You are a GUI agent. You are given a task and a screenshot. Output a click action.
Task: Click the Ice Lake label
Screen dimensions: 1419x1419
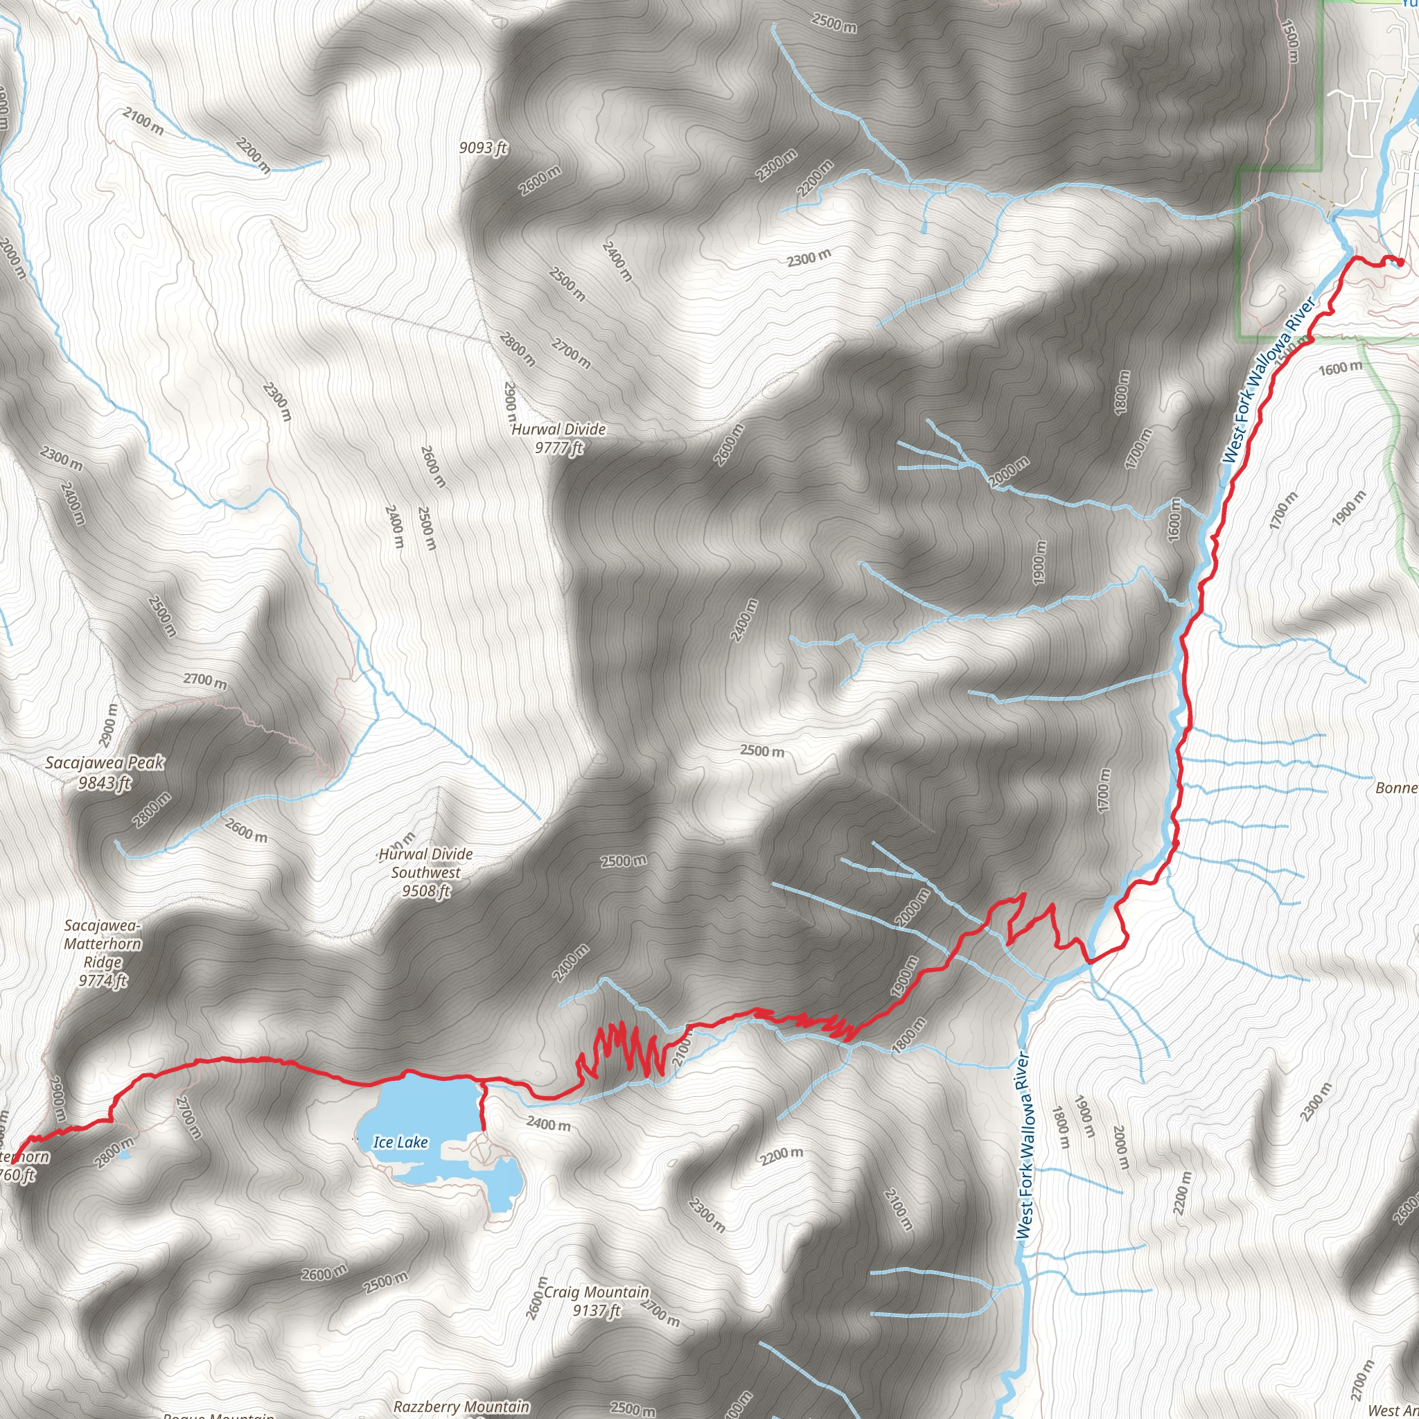(400, 1141)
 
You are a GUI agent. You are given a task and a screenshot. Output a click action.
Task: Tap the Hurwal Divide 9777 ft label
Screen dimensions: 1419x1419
(559, 438)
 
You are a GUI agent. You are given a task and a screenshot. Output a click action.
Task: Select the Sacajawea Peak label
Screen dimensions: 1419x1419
(105, 763)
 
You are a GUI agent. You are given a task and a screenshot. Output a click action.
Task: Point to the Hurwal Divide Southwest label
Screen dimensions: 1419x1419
(426, 863)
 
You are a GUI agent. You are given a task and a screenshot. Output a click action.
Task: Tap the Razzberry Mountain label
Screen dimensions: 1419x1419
(461, 1406)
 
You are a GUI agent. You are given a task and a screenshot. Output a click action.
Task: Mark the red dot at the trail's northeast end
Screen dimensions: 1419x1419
(1400, 262)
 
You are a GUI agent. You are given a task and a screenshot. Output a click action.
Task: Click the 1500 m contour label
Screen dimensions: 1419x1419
(1290, 40)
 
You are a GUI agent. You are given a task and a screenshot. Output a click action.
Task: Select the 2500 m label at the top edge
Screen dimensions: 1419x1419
(834, 23)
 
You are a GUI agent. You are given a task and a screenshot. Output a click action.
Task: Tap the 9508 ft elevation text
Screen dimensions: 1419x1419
(426, 891)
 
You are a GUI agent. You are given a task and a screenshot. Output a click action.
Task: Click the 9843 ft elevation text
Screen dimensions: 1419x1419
(105, 783)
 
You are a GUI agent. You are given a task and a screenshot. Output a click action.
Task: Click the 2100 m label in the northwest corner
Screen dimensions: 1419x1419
(143, 121)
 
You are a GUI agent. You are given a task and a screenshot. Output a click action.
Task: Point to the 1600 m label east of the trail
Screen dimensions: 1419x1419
(1341, 368)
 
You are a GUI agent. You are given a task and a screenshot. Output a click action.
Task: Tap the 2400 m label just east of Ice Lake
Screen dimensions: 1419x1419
(548, 1125)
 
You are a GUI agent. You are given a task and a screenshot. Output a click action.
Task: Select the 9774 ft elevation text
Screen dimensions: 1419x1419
(103, 980)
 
